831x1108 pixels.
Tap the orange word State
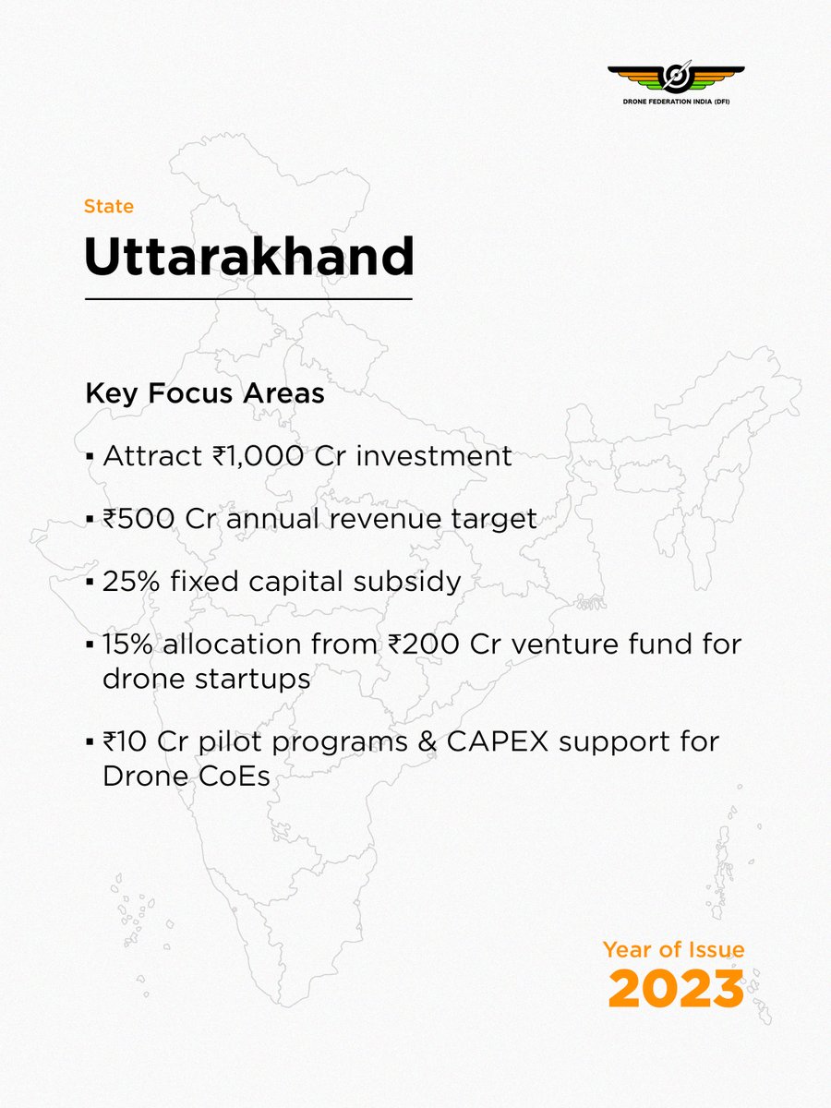point(109,207)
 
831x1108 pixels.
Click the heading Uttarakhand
point(249,259)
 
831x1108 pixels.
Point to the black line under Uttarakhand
point(248,299)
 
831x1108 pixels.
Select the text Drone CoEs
point(187,776)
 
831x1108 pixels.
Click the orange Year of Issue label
point(673,950)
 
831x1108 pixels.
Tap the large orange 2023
point(676,990)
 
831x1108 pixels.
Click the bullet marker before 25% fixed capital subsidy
point(90,583)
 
